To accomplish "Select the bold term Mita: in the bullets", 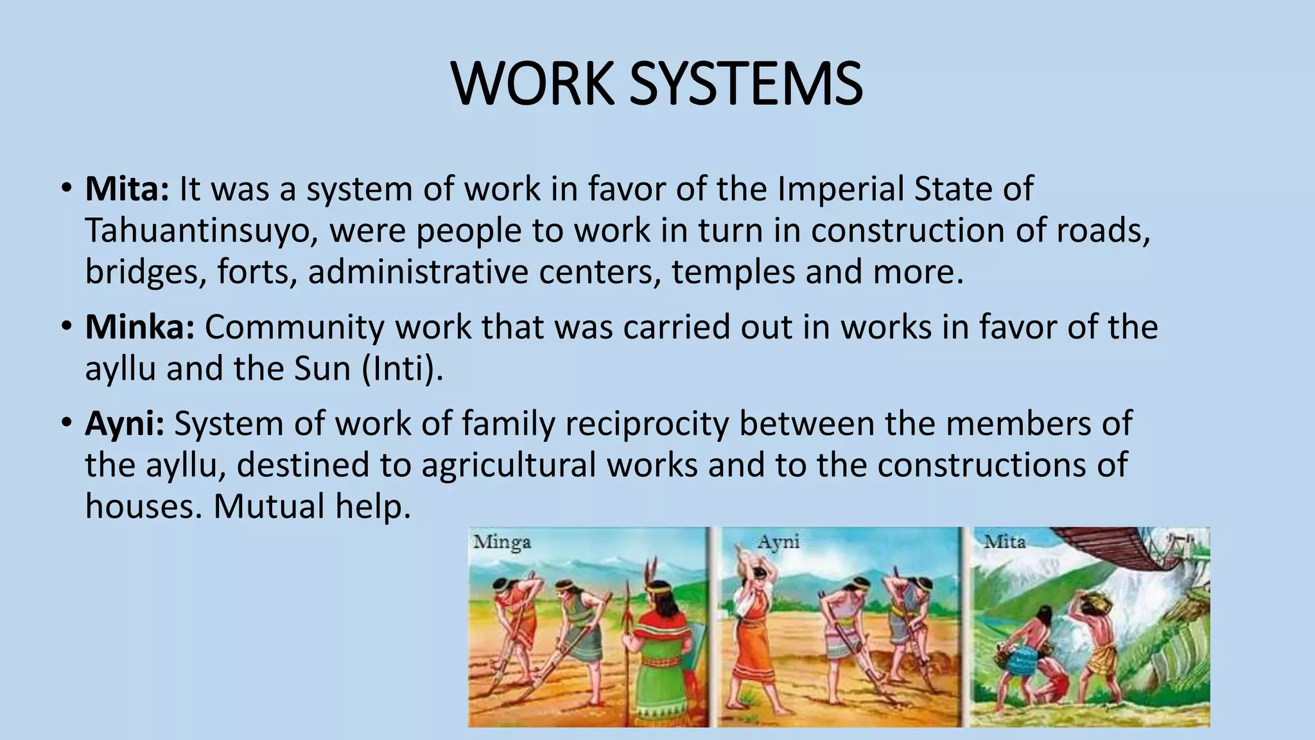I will [x=127, y=189].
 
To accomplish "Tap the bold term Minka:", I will [x=139, y=328].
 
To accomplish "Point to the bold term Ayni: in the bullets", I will [x=125, y=424].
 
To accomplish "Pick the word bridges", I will [x=146, y=272].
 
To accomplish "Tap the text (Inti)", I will [x=402, y=369].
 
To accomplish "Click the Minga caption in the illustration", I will [x=502, y=543].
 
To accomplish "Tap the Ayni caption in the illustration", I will [x=778, y=543].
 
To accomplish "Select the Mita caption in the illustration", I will [x=1005, y=543].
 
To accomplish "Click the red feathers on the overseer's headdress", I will [x=652, y=569].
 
